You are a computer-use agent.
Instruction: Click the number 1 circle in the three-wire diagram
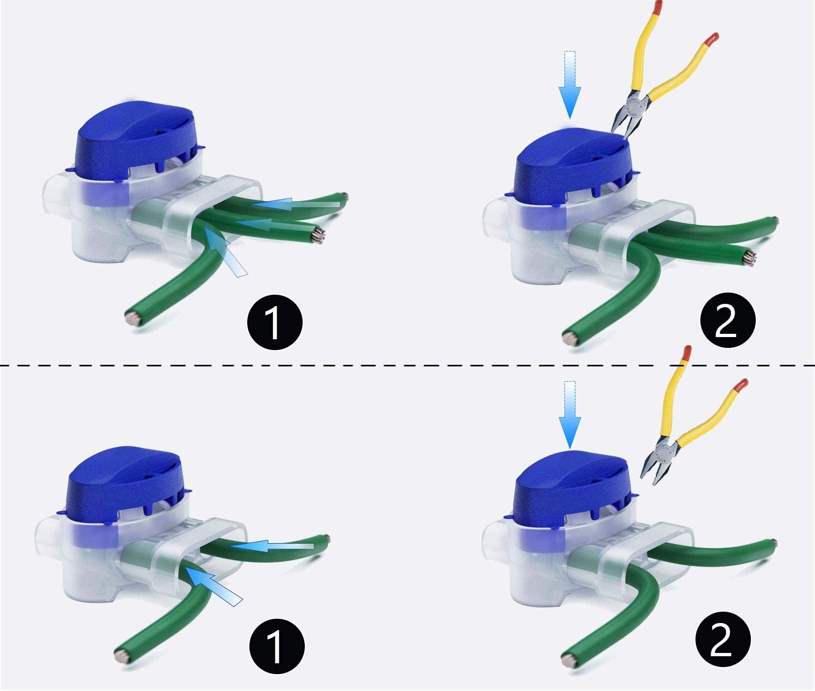274,322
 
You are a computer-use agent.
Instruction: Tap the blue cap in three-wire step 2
570,163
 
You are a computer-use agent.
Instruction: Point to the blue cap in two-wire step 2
570,489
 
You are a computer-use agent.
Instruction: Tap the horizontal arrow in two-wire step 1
272,545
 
